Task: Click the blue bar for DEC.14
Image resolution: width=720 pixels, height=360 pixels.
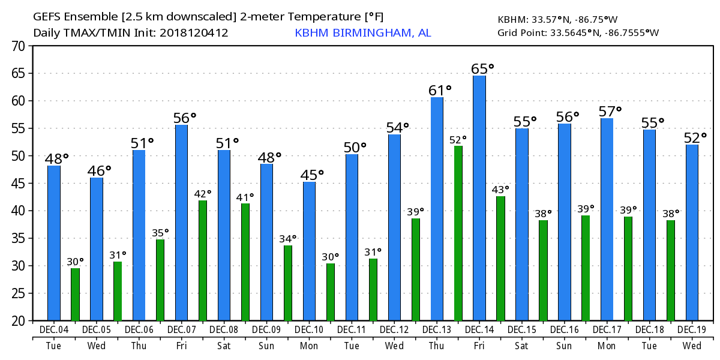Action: [x=479, y=198]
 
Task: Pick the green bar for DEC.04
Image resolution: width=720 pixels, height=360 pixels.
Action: [x=75, y=294]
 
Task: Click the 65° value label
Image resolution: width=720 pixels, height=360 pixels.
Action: [x=483, y=68]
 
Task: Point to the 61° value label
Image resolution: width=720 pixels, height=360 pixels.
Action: [x=440, y=90]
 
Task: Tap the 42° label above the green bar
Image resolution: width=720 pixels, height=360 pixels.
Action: [x=203, y=194]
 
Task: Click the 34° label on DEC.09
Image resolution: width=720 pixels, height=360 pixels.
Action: [x=288, y=239]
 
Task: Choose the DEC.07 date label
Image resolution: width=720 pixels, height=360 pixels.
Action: [x=182, y=330]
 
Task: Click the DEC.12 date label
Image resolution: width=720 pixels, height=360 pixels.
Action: [x=394, y=330]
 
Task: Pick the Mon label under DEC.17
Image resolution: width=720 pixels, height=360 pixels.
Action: [x=607, y=346]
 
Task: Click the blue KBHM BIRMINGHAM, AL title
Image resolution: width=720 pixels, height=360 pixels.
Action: [x=362, y=32]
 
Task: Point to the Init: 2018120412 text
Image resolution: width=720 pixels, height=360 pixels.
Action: [x=194, y=32]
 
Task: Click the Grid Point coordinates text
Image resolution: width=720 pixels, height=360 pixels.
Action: [x=578, y=32]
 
